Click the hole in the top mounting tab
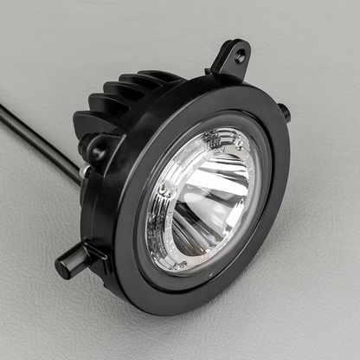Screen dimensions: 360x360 240,55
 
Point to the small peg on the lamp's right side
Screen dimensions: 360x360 283,112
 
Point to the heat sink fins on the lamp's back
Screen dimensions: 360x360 121,100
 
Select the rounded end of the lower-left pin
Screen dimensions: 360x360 63,267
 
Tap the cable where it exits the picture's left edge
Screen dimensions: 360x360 3,108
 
